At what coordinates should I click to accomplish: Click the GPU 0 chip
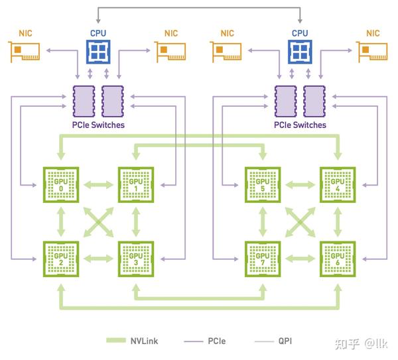tap(61, 184)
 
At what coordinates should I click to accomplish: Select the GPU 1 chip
tap(136, 184)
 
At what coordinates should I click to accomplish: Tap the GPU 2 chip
tap(61, 259)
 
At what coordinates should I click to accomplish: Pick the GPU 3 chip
tap(136, 259)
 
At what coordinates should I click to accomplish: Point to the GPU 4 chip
tap(338, 184)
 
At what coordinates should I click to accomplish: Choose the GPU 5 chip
tap(263, 184)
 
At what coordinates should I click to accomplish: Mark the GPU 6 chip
tap(338, 259)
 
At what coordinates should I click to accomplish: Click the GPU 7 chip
tap(263, 259)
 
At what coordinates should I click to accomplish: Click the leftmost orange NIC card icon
tap(25, 52)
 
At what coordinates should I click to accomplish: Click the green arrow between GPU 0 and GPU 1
tap(98, 184)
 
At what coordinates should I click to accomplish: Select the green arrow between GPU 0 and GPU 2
tap(61, 221)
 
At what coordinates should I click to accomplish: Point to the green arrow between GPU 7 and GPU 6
tap(300, 259)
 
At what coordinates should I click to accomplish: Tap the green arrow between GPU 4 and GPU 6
tap(338, 221)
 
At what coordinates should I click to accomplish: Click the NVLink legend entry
tap(133, 341)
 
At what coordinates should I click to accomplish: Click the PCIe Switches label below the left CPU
tap(98, 125)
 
